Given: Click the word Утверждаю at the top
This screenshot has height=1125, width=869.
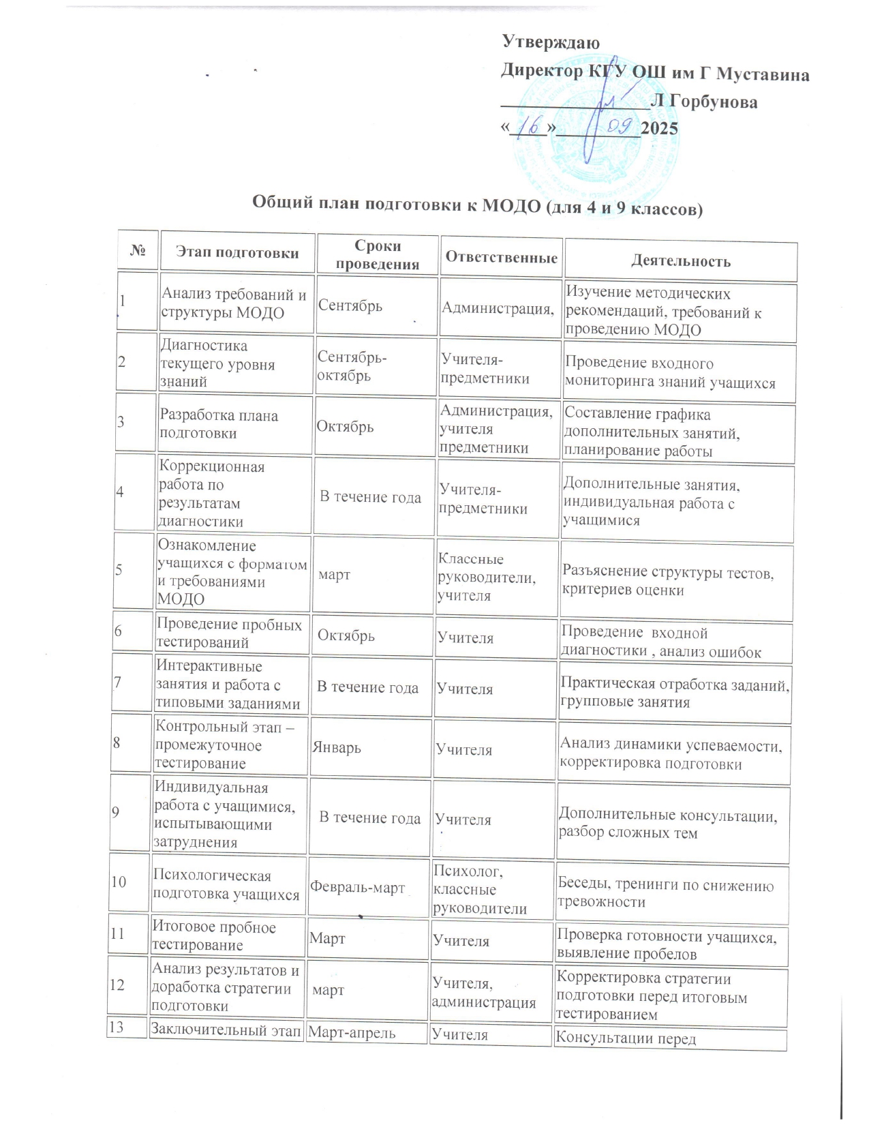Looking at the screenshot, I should point(551,42).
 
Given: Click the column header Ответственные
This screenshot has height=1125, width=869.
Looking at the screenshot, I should point(501,257).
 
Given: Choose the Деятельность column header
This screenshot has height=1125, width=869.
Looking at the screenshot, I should point(680,260).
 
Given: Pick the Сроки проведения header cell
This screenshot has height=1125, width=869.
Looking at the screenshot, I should point(378,255).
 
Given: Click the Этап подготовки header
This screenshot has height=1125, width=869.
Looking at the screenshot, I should point(237,253).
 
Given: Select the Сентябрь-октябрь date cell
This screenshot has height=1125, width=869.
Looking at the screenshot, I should point(344,366).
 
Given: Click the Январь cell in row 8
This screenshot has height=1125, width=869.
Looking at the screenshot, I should point(337,747).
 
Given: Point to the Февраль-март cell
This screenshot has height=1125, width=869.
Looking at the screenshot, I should point(358,888).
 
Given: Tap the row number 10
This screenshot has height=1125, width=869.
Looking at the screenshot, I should point(119,882).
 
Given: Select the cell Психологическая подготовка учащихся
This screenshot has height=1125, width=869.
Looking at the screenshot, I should point(226,885).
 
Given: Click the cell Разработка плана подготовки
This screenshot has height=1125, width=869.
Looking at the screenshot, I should point(218,424).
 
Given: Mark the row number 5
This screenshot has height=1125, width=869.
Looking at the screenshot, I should point(119,570).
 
